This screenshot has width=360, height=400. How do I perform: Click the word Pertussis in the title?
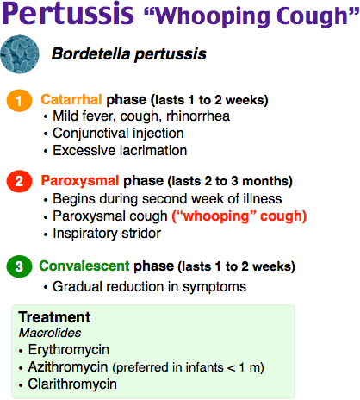pos(68,14)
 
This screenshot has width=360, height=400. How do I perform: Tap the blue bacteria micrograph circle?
pos(20,54)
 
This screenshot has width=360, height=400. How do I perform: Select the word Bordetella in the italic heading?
pos(90,53)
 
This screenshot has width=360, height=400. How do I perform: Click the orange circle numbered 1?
pos(19,100)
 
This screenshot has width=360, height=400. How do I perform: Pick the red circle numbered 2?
pos(19,181)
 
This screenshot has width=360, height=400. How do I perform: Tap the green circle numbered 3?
pos(19,266)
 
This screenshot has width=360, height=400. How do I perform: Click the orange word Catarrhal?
pos(71,100)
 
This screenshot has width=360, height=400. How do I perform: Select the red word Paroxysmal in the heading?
pos(80,181)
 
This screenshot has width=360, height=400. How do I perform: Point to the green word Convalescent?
pos(84,266)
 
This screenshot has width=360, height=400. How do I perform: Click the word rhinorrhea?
pos(198,116)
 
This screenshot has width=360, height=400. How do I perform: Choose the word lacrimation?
pos(153,151)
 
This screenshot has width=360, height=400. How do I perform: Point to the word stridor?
pos(141,233)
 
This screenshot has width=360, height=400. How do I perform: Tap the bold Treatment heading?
pos(54,317)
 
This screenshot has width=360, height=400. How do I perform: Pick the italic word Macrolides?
pos(50,333)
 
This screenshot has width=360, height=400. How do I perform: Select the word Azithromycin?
pos(68,367)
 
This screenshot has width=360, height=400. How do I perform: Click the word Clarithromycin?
pos(72,384)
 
